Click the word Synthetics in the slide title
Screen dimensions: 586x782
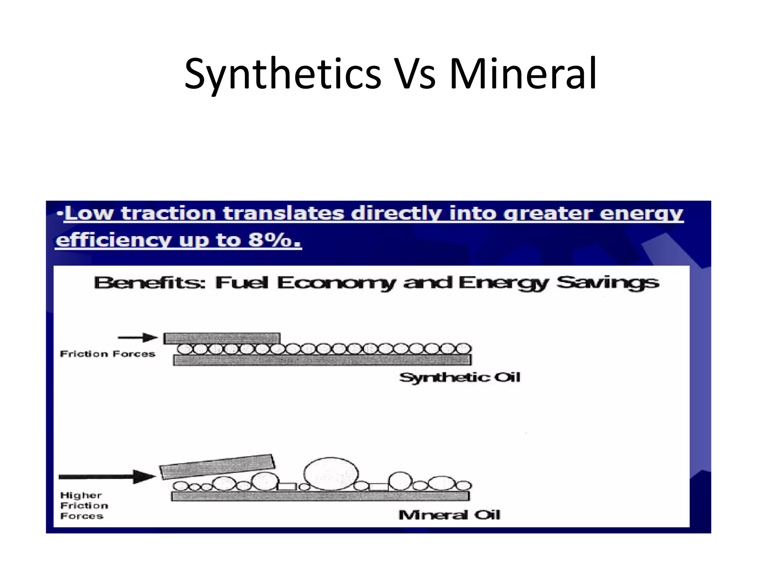(x=283, y=74)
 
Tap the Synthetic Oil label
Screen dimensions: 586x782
(x=460, y=378)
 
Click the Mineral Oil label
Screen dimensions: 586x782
(x=449, y=515)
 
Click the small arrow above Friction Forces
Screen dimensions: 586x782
(x=137, y=338)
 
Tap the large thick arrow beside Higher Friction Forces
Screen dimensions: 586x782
(x=107, y=477)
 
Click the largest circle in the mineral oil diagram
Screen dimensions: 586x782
(x=331, y=474)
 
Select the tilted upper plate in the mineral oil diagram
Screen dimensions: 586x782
(x=217, y=466)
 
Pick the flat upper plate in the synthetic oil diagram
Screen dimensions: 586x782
(x=222, y=338)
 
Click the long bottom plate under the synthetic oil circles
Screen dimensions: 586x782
(x=322, y=360)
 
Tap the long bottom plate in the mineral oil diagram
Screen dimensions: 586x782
(x=320, y=496)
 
